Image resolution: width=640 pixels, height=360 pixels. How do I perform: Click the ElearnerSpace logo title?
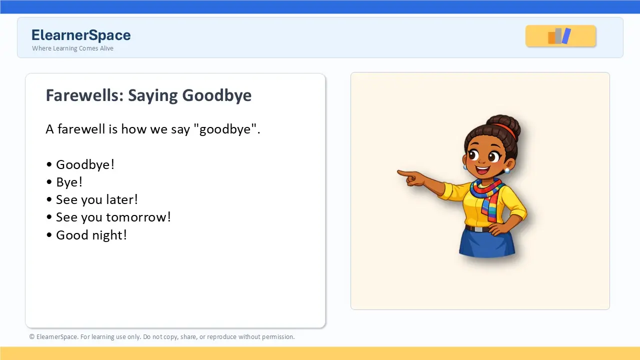pos(81,35)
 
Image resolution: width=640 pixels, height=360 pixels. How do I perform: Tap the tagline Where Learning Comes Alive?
pos(72,48)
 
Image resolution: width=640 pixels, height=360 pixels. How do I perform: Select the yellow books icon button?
pos(560,36)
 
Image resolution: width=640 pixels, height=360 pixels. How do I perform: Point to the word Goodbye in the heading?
pos(217,95)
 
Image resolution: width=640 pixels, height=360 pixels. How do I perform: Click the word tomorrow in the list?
pos(138,217)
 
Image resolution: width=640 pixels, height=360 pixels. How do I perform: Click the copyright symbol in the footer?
pos(31,337)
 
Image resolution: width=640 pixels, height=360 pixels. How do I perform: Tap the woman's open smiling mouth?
pos(482,170)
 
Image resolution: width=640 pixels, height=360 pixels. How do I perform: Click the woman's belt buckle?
pos(477,229)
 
